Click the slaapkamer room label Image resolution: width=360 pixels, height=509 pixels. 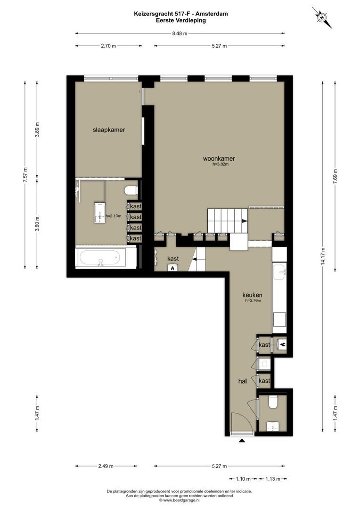click(109, 130)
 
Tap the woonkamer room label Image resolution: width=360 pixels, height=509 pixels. click(219, 159)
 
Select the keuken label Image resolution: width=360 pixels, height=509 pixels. click(252, 295)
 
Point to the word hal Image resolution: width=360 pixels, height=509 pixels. click(243, 381)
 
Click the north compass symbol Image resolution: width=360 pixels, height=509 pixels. click(322, 17)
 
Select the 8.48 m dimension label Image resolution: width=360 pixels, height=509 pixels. click(180, 33)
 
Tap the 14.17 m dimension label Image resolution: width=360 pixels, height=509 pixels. click(323, 256)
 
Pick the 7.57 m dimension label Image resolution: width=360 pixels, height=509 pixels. click(25, 175)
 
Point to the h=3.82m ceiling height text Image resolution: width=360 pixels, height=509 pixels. click(221, 164)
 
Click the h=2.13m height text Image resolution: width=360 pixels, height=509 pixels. click(113, 216)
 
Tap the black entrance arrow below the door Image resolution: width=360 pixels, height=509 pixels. click(242, 441)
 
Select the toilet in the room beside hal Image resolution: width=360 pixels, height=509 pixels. click(273, 403)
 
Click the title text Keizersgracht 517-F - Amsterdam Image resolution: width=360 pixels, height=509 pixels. click(181, 14)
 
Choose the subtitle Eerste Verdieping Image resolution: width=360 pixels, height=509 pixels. click(181, 20)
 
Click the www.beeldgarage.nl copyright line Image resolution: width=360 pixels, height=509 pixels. click(179, 500)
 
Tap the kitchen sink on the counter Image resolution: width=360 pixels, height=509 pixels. click(279, 272)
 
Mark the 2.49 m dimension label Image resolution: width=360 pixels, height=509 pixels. click(106, 467)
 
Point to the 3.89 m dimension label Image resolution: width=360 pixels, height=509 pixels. click(37, 130)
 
